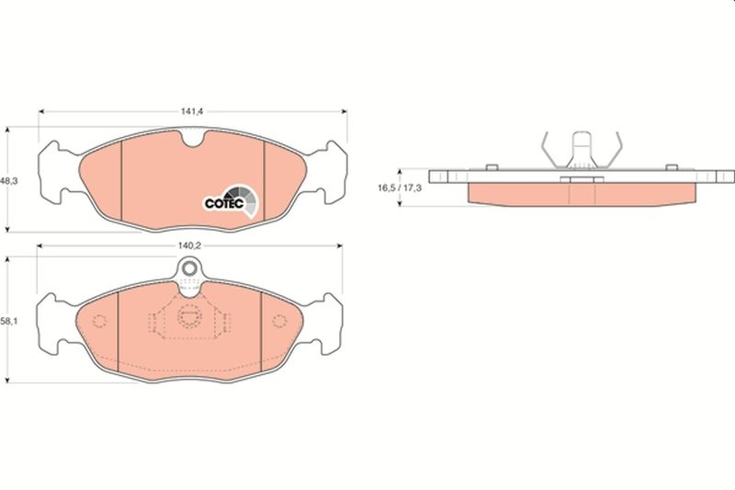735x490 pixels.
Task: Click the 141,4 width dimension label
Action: [x=191, y=111]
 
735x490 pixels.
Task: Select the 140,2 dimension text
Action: [x=190, y=246]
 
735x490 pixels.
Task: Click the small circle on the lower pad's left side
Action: [x=101, y=320]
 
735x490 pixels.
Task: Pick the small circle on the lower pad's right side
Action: [x=278, y=319]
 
